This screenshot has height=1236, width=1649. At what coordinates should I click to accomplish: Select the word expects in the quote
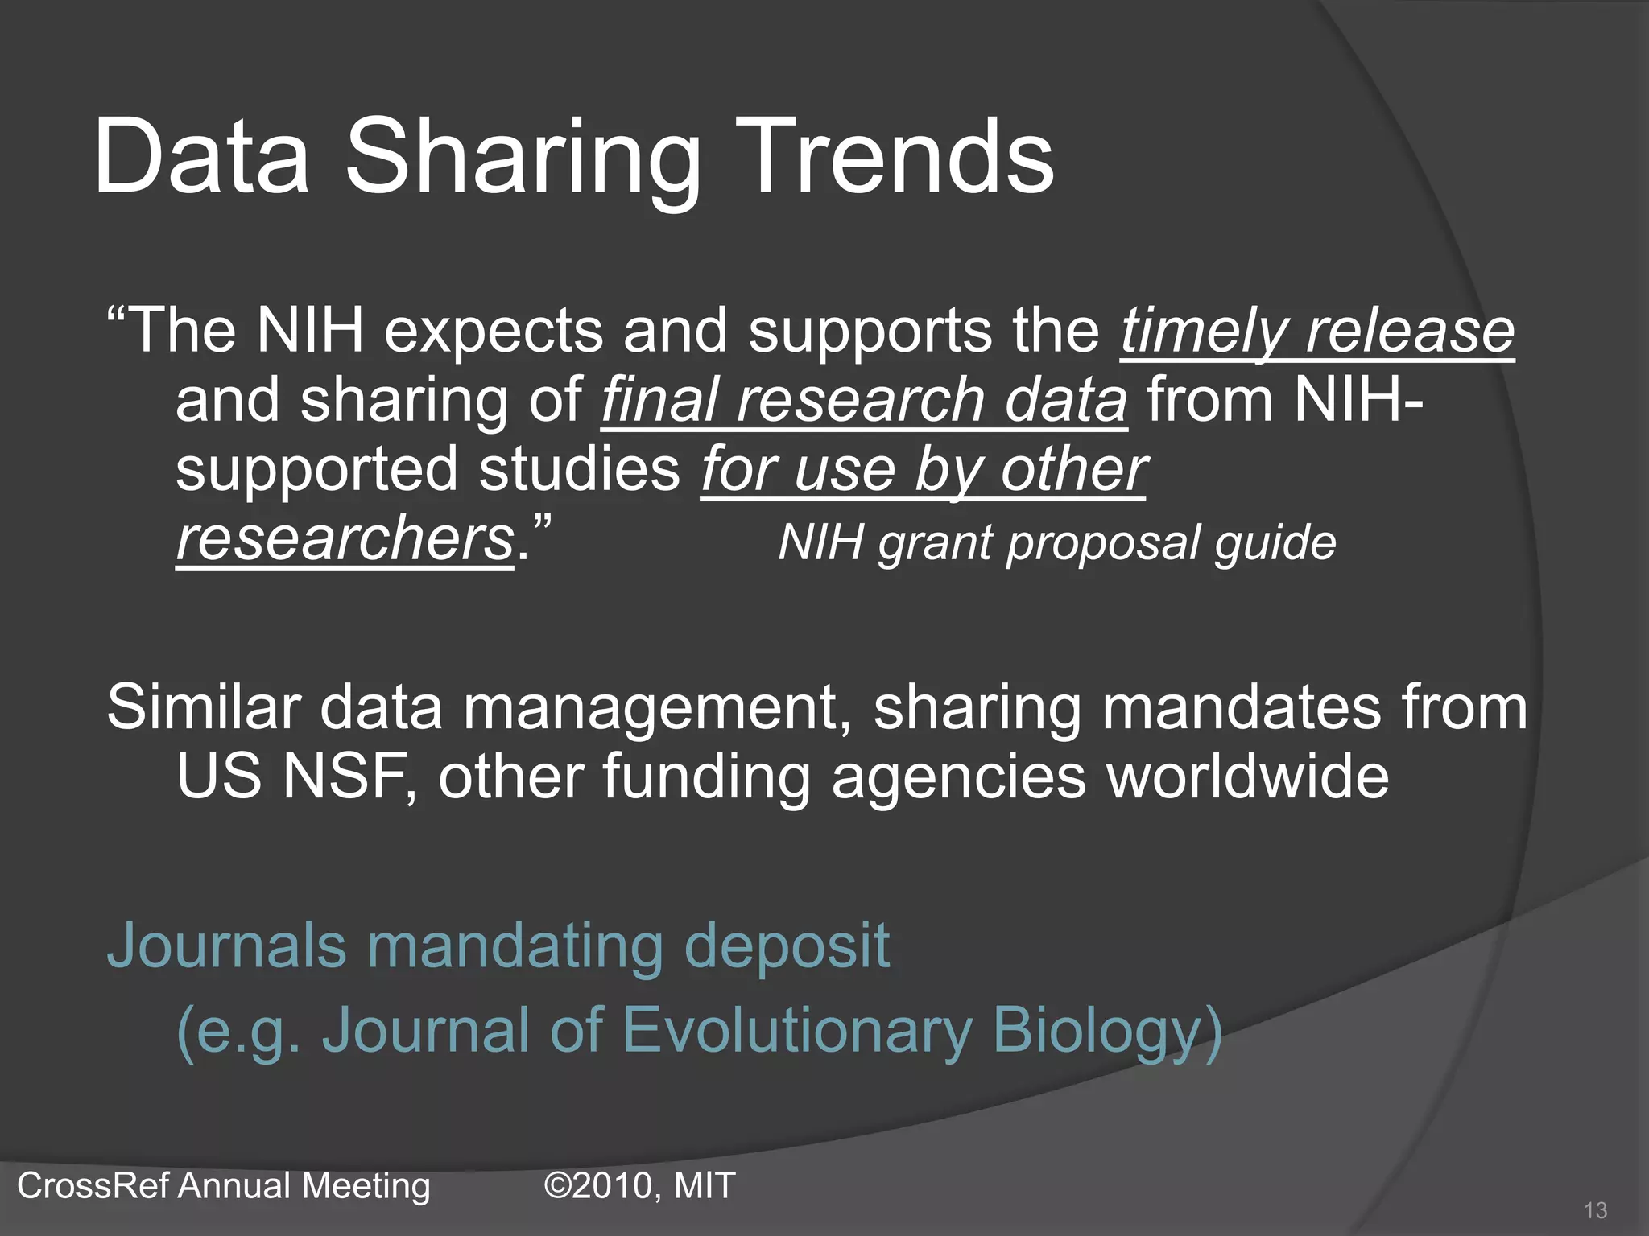pyautogui.click(x=493, y=331)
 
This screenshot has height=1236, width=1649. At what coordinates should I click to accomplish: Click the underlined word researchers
pyautogui.click(x=345, y=538)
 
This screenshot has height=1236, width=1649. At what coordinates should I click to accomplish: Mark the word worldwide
pyautogui.click(x=1248, y=777)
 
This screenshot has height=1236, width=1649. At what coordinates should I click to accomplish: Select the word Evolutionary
pyautogui.click(x=797, y=1031)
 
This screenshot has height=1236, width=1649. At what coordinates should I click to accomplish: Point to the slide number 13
pyautogui.click(x=1595, y=1210)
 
